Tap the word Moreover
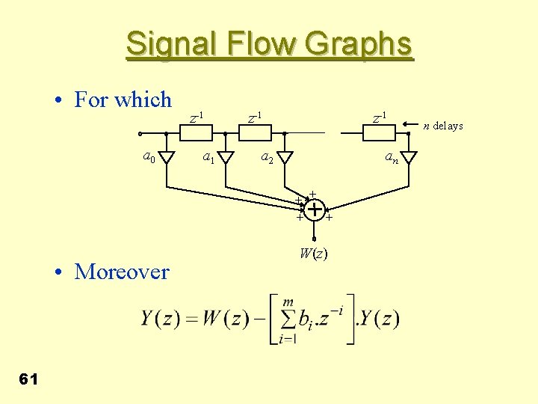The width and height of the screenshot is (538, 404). click(x=122, y=272)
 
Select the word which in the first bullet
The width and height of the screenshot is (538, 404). click(x=144, y=100)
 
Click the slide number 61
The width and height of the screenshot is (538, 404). click(x=28, y=379)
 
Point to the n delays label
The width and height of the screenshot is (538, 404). click(x=443, y=126)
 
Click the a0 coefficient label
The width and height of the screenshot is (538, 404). click(x=149, y=156)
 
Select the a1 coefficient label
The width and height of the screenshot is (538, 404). click(x=210, y=157)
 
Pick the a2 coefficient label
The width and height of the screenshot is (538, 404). click(x=267, y=157)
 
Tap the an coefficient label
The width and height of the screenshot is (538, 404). click(x=392, y=157)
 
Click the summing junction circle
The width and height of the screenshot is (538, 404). click(x=315, y=210)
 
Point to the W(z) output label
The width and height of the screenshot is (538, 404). click(x=313, y=253)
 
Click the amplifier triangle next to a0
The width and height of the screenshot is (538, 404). click(x=167, y=157)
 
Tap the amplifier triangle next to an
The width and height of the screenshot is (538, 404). click(x=409, y=157)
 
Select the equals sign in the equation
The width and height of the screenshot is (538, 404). click(x=193, y=319)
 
